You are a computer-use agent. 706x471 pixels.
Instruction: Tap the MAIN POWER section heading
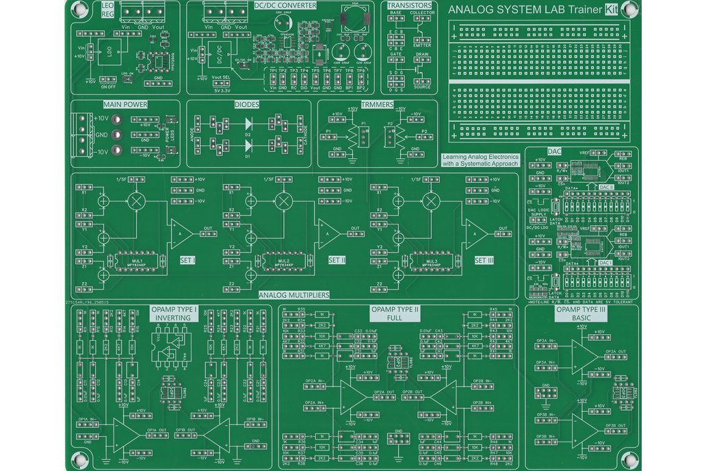[125, 105]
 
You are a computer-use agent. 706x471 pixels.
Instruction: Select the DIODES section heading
[246, 105]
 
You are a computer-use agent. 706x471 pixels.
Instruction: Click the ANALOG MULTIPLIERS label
[294, 295]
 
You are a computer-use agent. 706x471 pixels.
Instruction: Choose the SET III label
[484, 260]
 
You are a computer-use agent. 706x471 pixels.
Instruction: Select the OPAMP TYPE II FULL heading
[395, 314]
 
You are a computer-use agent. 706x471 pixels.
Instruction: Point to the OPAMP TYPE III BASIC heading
[581, 314]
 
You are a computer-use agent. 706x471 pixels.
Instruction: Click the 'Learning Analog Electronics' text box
[480, 160]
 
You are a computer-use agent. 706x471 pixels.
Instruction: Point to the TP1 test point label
[272, 71]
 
